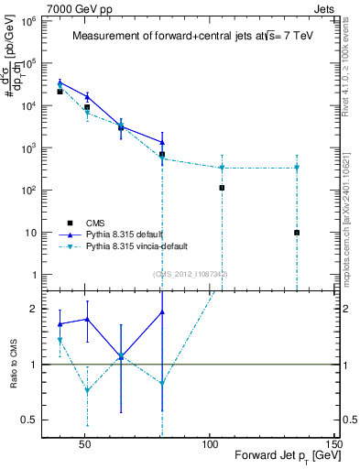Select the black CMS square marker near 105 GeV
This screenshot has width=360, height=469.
tap(222, 188)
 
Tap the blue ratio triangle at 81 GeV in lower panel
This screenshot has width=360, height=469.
tap(161, 312)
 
